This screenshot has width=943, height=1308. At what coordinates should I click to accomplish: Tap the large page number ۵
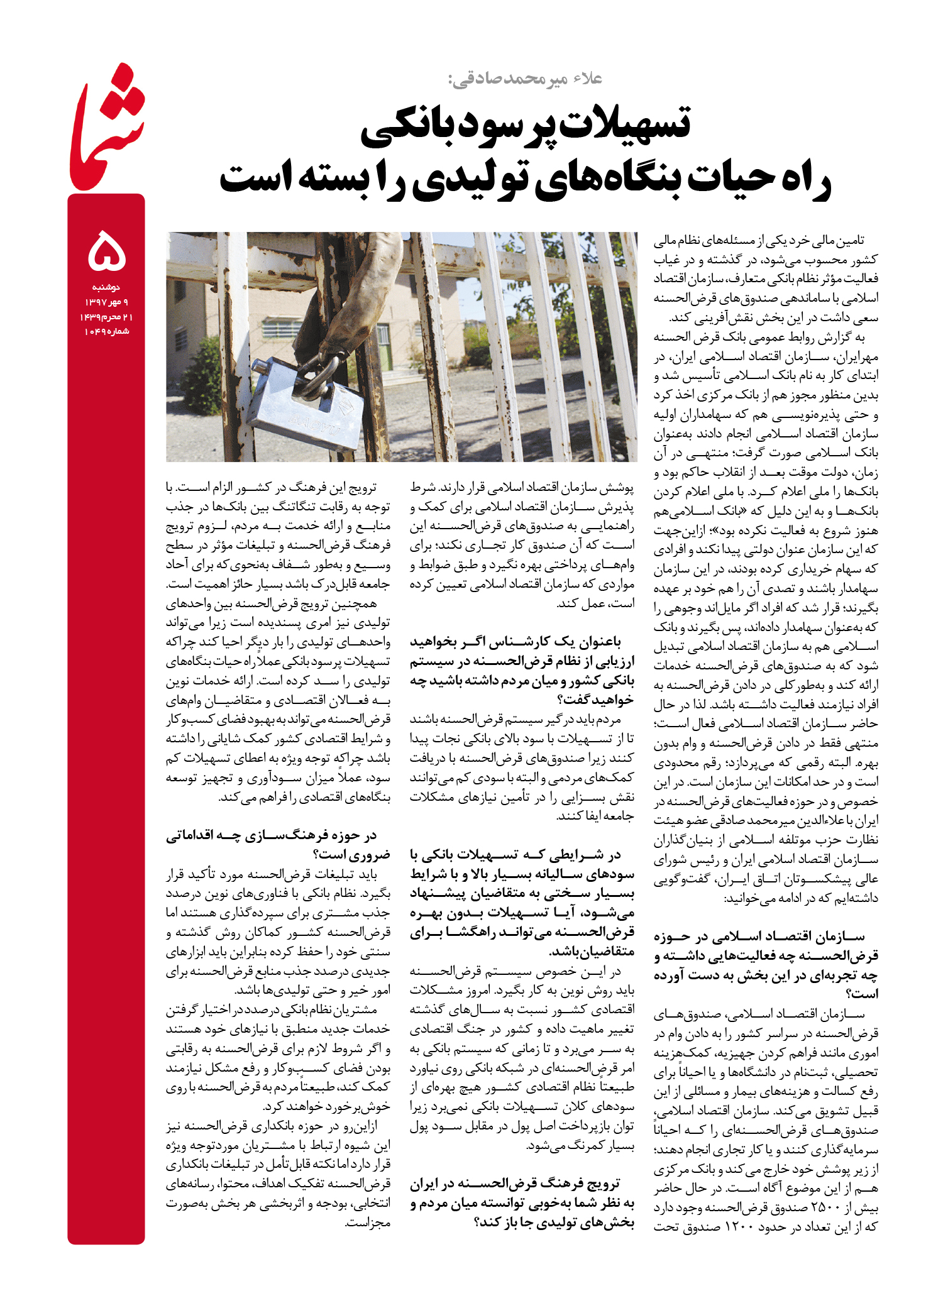click(x=108, y=251)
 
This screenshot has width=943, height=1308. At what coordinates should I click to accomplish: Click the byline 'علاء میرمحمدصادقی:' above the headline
click(x=525, y=79)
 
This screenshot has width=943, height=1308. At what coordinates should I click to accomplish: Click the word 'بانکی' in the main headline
click(x=402, y=126)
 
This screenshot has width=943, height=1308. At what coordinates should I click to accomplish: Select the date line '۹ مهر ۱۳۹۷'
click(x=106, y=302)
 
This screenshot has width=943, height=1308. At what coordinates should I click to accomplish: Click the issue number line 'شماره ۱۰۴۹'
click(x=107, y=331)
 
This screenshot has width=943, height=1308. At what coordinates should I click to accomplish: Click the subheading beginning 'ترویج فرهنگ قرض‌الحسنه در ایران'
click(x=522, y=1203)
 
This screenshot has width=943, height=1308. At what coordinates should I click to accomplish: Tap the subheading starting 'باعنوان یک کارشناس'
click(x=522, y=670)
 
